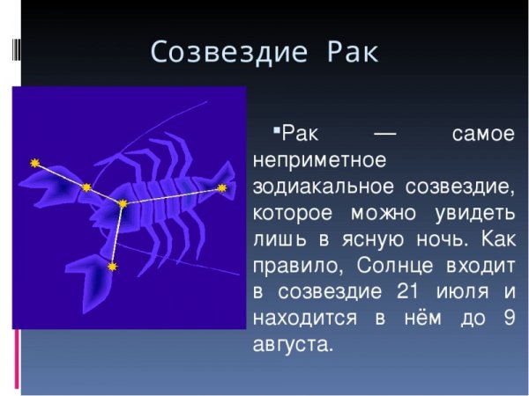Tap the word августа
[x=292, y=344]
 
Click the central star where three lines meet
[x=123, y=204]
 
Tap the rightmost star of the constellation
[x=222, y=188]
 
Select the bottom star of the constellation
[x=112, y=265]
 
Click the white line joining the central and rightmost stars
[x=173, y=196]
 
